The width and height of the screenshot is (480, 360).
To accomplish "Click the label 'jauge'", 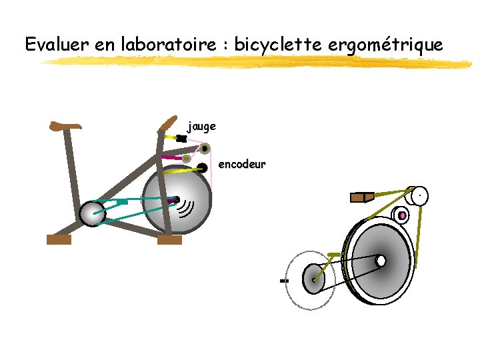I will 201,125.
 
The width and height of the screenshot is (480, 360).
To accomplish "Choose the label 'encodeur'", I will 242,164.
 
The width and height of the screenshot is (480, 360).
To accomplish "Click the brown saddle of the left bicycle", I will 65,125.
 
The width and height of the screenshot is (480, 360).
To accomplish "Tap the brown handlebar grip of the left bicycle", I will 167,123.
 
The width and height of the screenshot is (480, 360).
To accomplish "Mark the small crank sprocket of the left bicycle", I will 92,213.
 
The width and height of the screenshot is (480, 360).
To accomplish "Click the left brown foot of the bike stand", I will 59,240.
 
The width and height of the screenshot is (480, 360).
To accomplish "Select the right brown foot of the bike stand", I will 169,240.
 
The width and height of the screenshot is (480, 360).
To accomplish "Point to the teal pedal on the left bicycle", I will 122,201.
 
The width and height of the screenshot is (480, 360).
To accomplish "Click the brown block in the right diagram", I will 361,197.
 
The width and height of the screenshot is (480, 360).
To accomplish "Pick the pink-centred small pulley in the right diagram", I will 401,215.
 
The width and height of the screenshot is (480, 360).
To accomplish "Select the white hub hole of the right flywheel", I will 380,261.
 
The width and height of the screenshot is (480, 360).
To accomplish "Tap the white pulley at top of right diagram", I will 419,195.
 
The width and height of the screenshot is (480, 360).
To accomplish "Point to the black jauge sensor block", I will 181,139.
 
